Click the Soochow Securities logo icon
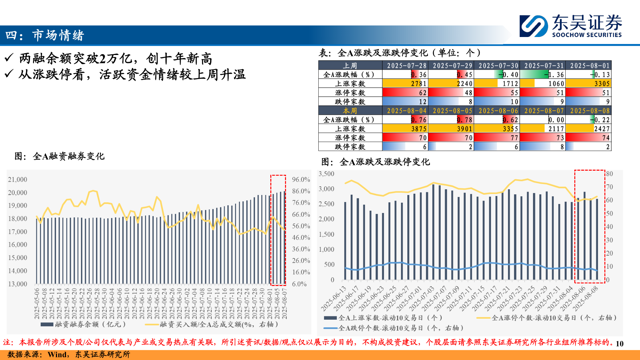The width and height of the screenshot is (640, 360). (x=534, y=26)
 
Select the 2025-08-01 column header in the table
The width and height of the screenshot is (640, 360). (x=589, y=66)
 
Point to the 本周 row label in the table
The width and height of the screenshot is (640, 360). (x=350, y=111)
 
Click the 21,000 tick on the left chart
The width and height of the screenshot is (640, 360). (x=18, y=180)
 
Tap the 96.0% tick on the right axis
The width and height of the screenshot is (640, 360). (x=301, y=180)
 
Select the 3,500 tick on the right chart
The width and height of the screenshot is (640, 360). (x=326, y=174)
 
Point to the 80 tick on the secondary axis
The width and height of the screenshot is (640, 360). (x=609, y=174)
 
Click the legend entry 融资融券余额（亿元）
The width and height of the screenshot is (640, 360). (x=83, y=324)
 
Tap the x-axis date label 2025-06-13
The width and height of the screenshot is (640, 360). (x=334, y=298)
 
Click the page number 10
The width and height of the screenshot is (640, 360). (x=619, y=344)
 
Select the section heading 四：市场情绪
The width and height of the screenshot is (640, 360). (x=45, y=35)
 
